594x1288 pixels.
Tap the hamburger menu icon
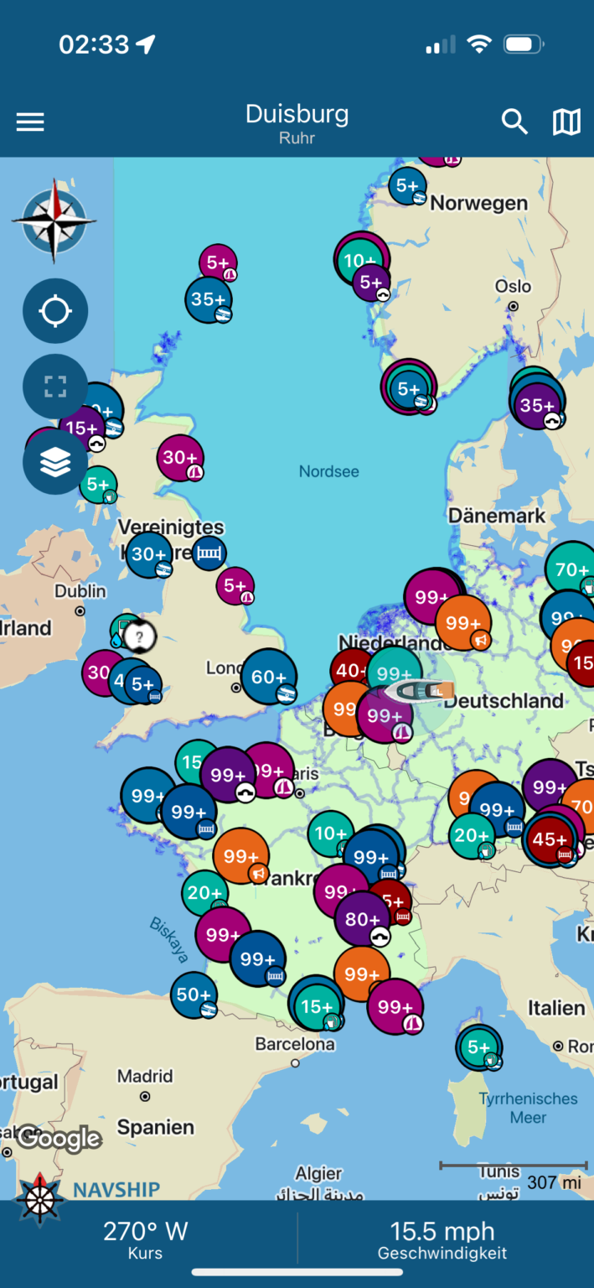pyautogui.click(x=30, y=122)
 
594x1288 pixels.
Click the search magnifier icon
pyautogui.click(x=514, y=122)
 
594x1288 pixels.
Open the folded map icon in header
pyautogui.click(x=566, y=122)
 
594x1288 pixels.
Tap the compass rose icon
pyautogui.click(x=54, y=220)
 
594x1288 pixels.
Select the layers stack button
pyautogui.click(x=55, y=462)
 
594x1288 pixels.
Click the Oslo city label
pyautogui.click(x=513, y=286)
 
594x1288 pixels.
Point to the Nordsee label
pyautogui.click(x=329, y=471)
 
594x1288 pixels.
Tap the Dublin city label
pyautogui.click(x=80, y=591)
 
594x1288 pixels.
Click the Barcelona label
pyautogui.click(x=295, y=1045)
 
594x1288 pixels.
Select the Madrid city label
pyautogui.click(x=145, y=1076)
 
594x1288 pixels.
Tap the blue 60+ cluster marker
pyautogui.click(x=269, y=677)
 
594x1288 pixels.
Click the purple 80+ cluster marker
pyautogui.click(x=363, y=919)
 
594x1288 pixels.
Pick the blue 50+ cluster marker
pyautogui.click(x=194, y=995)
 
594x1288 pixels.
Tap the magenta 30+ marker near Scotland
pyautogui.click(x=180, y=458)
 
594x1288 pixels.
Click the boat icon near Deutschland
pyautogui.click(x=419, y=691)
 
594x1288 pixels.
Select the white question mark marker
pyautogui.click(x=140, y=637)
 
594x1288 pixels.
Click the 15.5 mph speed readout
pyautogui.click(x=442, y=1231)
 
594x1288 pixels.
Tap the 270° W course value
pyautogui.click(x=145, y=1231)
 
